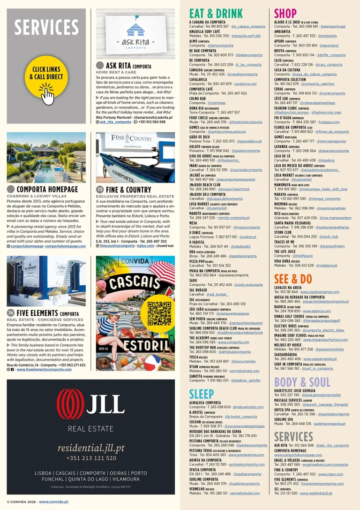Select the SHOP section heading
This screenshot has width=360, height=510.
[285, 14]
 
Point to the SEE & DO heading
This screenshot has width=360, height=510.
[293, 279]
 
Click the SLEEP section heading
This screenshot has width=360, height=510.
[202, 393]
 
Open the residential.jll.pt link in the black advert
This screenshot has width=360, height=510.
[91, 448]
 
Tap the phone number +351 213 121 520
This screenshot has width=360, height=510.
[91, 458]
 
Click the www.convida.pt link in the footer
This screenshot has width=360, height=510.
[54, 502]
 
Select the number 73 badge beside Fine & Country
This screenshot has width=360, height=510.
[100, 189]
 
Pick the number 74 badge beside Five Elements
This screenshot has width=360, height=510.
[11, 313]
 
